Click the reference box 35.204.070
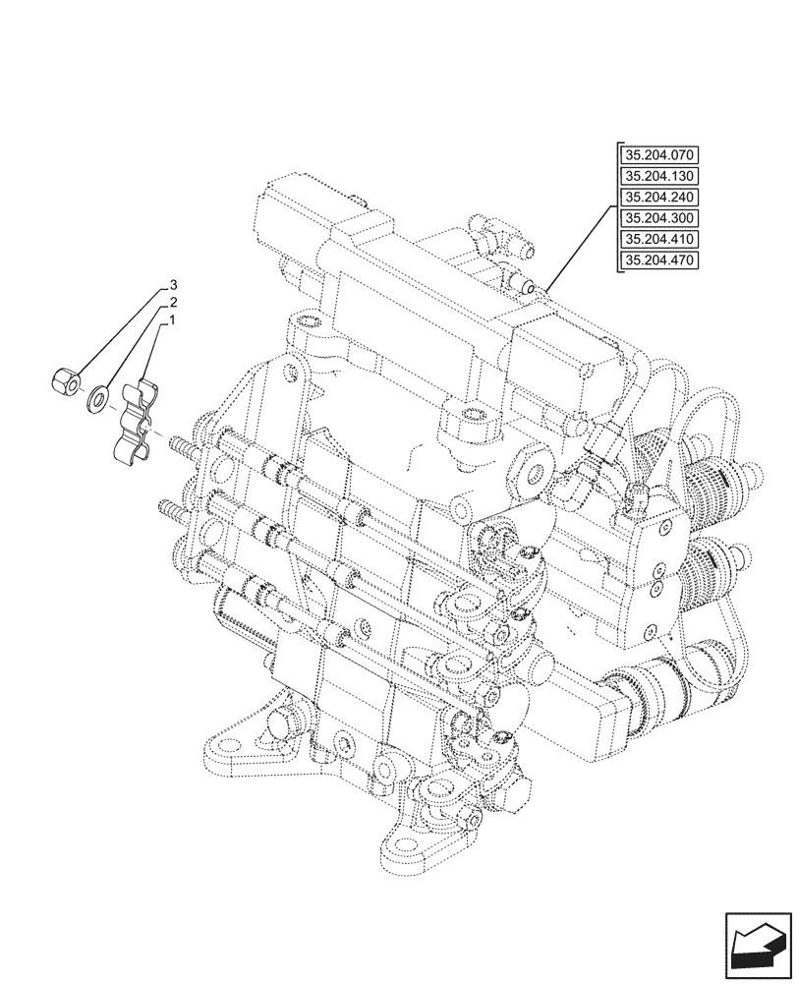(657, 155)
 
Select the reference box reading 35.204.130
(657, 176)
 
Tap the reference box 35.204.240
(657, 197)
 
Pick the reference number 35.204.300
(657, 218)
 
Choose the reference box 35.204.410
(657, 239)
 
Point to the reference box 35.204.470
(657, 260)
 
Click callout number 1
(172, 320)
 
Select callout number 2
(172, 303)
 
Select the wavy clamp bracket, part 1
(137, 422)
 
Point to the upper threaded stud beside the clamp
(184, 449)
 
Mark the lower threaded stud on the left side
(169, 508)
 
